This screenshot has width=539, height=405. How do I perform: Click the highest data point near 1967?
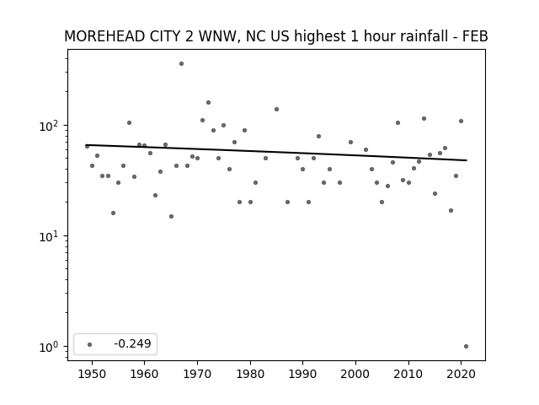point(182,64)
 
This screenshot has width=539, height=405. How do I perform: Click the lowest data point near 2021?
point(466,347)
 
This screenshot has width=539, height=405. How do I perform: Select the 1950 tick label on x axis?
point(92,374)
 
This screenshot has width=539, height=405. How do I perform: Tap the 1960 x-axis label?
point(144,374)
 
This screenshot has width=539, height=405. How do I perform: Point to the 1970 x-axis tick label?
point(197,374)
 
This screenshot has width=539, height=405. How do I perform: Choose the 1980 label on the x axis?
point(250,374)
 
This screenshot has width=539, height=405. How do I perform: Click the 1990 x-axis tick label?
point(303,374)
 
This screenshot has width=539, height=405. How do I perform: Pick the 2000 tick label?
point(355,374)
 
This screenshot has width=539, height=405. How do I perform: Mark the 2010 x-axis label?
point(408,374)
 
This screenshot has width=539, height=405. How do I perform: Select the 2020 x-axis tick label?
point(461,374)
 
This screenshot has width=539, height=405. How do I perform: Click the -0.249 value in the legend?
point(132,343)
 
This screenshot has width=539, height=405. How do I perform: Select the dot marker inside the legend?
point(90,344)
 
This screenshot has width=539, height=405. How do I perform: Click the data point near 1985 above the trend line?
point(277,109)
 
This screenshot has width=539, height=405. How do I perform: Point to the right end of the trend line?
point(467,160)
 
